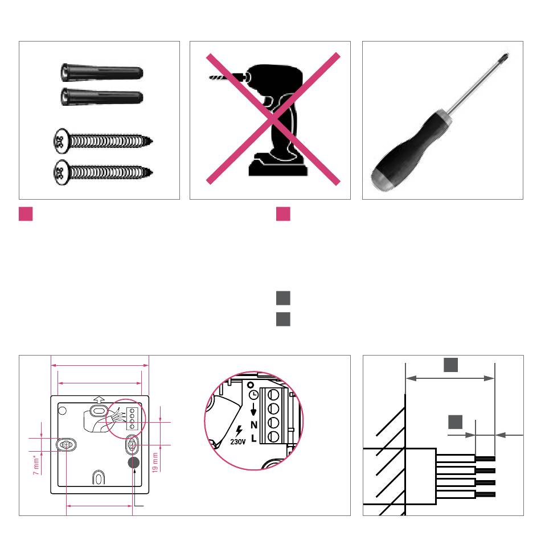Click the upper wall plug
[102, 72]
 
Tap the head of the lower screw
[60, 172]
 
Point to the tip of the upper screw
[151, 141]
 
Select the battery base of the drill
[278, 166]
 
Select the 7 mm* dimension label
[36, 465]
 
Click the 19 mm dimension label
[155, 462]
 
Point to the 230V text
[237, 441]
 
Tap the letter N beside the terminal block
[254, 425]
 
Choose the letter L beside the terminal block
[253, 438]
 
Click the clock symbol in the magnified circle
[253, 395]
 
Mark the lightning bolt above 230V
[239, 431]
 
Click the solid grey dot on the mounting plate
[134, 462]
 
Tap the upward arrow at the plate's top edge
[99, 400]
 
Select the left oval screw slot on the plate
[66, 445]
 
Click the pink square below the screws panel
[26, 214]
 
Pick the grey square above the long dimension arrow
[450, 365]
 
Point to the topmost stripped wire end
[485, 459]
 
